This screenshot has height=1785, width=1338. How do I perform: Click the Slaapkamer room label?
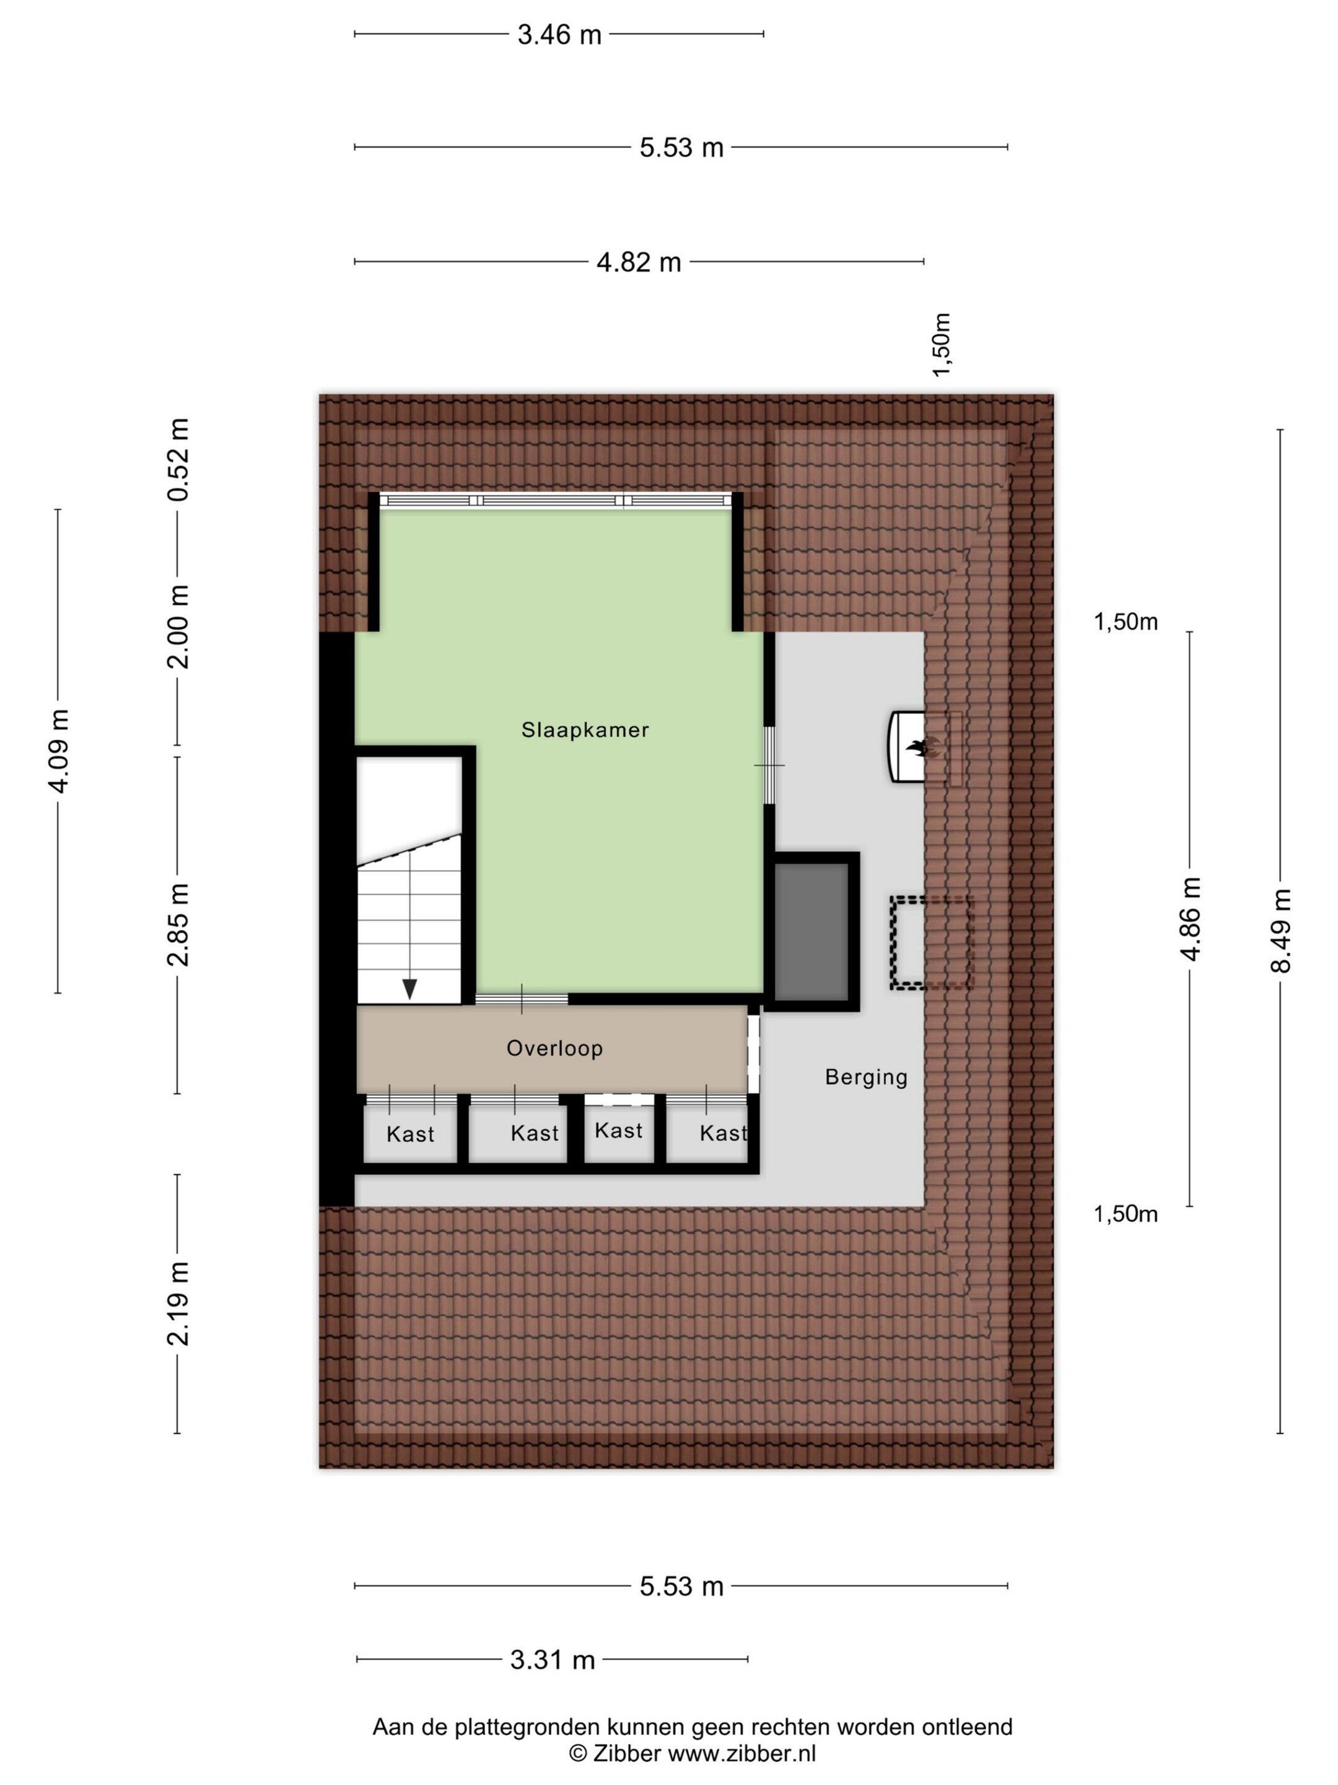tap(585, 729)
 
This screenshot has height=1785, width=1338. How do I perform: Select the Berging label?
tap(866, 1077)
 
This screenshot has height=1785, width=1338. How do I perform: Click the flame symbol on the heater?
tap(916, 748)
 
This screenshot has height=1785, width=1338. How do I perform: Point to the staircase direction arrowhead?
tap(409, 989)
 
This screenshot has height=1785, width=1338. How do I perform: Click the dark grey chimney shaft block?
tap(811, 930)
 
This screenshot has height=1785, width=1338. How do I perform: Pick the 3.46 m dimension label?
tap(559, 35)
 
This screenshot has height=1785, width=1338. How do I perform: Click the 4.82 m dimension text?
tap(639, 262)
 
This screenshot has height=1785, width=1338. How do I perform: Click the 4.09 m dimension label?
tap(59, 751)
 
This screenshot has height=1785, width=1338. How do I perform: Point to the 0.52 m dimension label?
tap(178, 460)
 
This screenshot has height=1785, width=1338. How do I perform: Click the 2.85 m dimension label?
tap(178, 925)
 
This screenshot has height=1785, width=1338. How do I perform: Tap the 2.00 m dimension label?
tap(178, 627)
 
